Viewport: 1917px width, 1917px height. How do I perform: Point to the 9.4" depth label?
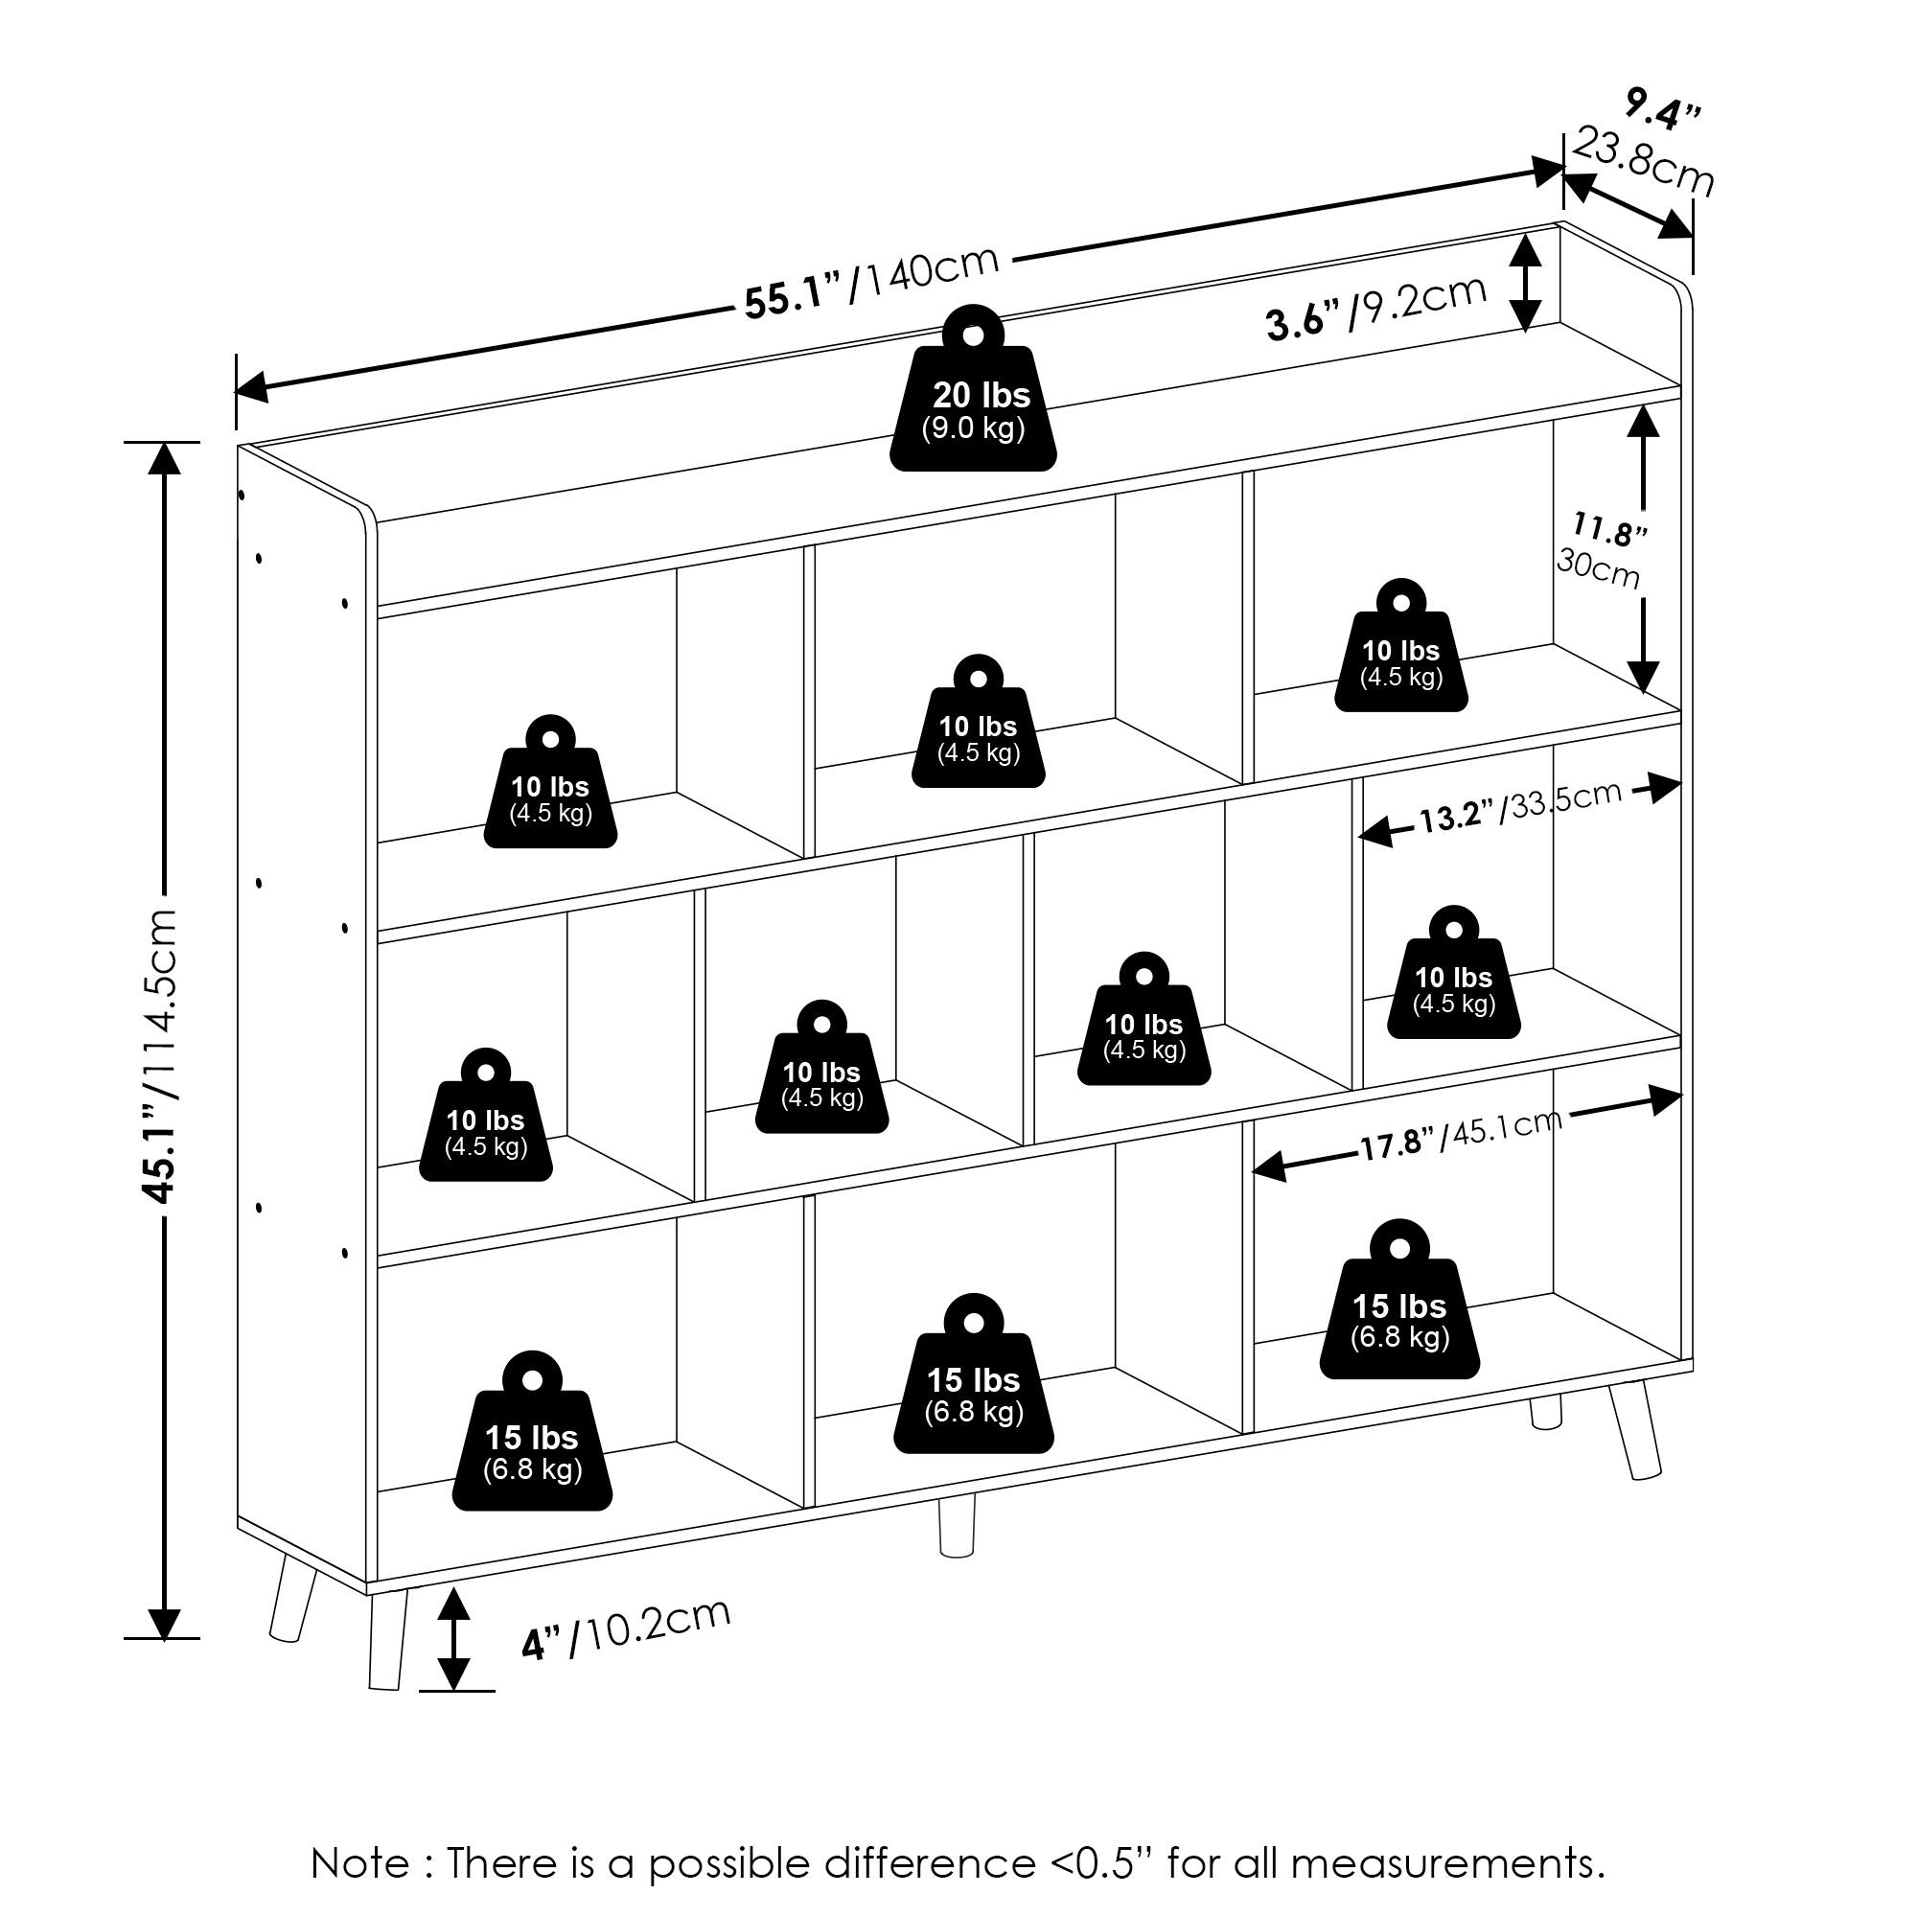(1661, 110)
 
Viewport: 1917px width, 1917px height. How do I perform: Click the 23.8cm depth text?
(1643, 163)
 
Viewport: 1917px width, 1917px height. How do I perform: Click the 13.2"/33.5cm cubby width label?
(1519, 809)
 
